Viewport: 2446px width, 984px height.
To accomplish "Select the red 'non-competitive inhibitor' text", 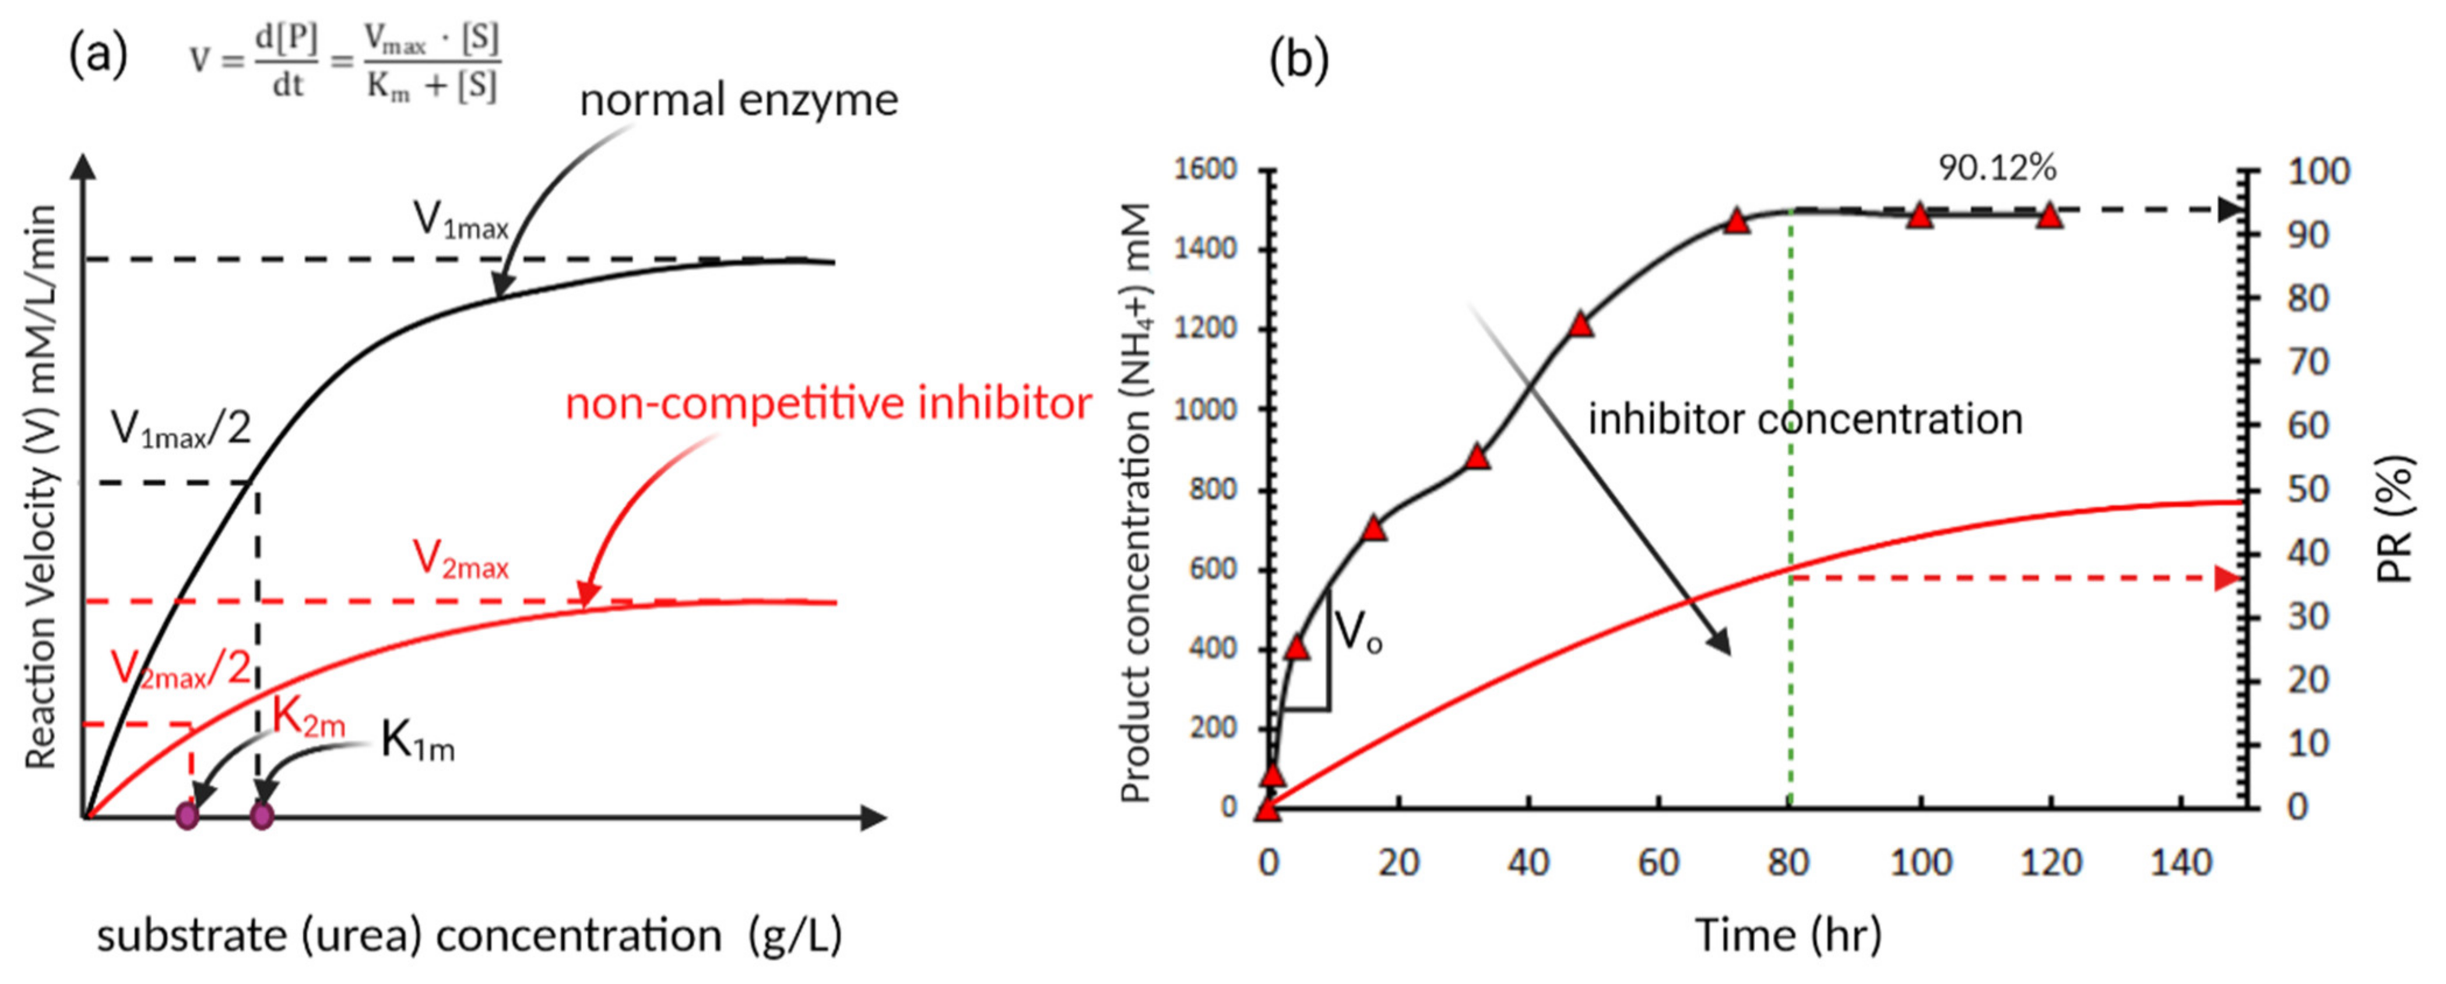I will click(x=828, y=403).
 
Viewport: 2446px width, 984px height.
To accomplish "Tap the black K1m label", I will click(x=418, y=741).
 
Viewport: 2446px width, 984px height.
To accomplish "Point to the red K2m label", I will click(x=308, y=717).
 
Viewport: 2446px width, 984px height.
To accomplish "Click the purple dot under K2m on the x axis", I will click(x=187, y=816).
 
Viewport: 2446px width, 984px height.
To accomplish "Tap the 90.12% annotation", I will click(x=1997, y=168).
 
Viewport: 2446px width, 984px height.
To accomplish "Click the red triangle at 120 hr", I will click(x=2051, y=216).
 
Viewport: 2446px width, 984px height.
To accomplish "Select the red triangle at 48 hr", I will click(x=1580, y=325).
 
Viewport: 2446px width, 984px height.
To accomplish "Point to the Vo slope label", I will click(x=1358, y=632).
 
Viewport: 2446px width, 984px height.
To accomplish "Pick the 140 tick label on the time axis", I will click(x=2180, y=862).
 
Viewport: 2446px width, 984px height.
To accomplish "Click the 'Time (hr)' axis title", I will click(x=1788, y=936).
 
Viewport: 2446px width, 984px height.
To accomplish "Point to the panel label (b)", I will click(x=1299, y=59).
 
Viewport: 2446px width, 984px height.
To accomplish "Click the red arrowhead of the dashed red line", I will click(x=2227, y=578).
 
